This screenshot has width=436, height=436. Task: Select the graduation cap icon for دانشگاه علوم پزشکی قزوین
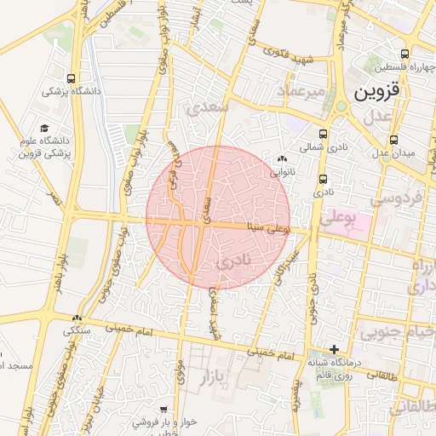click(44, 129)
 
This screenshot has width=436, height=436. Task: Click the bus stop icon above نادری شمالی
click(322, 134)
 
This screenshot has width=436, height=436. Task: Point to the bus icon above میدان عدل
click(393, 140)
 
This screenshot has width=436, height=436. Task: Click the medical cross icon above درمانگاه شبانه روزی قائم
click(335, 349)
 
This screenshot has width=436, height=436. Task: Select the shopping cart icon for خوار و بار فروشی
click(163, 410)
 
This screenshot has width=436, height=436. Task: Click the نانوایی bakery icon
click(282, 158)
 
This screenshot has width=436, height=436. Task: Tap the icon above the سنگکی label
click(77, 317)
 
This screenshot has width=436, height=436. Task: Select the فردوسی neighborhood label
click(398, 200)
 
